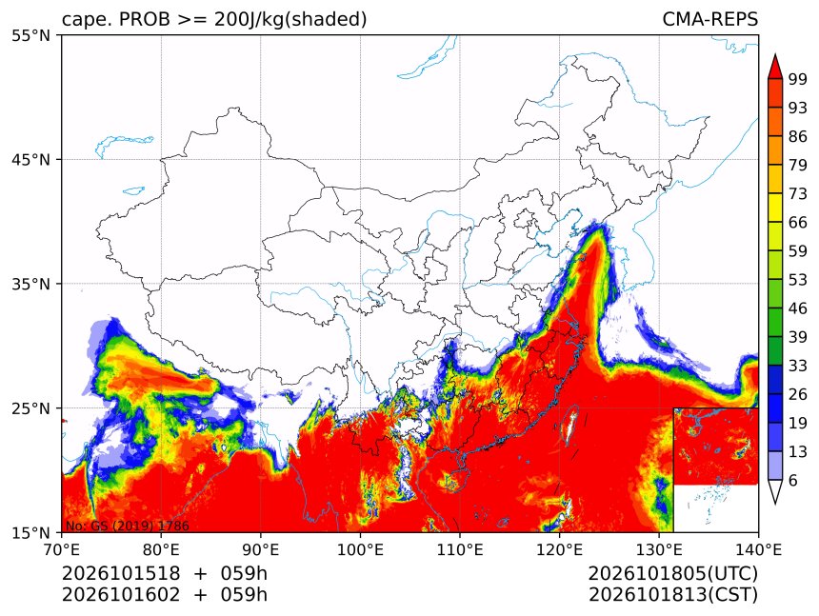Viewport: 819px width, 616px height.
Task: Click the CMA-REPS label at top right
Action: point(709,19)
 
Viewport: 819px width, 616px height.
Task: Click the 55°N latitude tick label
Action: point(30,36)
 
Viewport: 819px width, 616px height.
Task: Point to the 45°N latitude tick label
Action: point(30,160)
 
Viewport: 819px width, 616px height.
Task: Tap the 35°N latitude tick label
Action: point(30,284)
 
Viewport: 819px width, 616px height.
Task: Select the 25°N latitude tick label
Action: point(30,408)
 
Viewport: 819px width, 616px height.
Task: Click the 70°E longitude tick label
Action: point(62,549)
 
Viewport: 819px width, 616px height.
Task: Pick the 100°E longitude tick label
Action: point(360,549)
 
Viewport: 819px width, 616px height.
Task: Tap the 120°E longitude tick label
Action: point(559,549)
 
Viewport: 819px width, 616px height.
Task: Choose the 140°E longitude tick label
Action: point(758,549)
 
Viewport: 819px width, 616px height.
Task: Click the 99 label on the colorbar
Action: point(798,80)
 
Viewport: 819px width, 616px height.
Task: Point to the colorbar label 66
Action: point(798,223)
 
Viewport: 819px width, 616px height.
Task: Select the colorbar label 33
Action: point(798,366)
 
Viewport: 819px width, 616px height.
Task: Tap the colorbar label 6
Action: point(793,480)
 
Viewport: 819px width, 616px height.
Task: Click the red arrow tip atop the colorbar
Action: point(775,55)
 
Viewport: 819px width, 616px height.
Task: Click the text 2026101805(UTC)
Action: point(672,573)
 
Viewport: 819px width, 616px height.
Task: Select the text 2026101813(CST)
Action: point(672,595)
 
